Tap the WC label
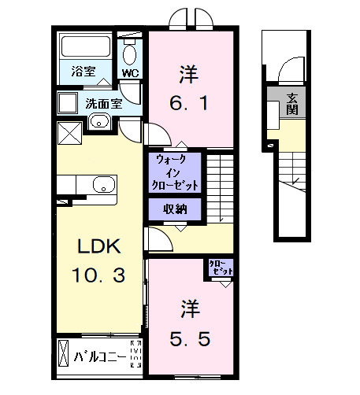tap(129, 74)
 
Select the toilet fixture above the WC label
tap(130, 53)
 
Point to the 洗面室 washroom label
tap(102, 102)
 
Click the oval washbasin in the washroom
tap(98, 120)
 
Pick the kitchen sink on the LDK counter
tap(103, 185)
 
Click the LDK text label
tap(98, 247)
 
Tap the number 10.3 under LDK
tap(98, 275)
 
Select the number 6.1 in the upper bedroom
tap(189, 103)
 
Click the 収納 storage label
tap(175, 209)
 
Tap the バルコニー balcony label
tap(101, 356)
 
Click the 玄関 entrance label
tap(292, 104)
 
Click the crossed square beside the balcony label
tap(63, 355)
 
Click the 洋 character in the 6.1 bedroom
tap(188, 76)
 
